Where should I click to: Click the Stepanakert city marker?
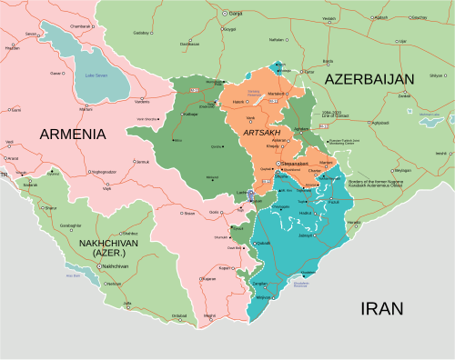tap(278, 163)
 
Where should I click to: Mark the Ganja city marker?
tap(225, 14)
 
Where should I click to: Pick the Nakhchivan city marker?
tap(99, 265)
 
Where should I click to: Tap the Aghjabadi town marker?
tap(369, 123)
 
